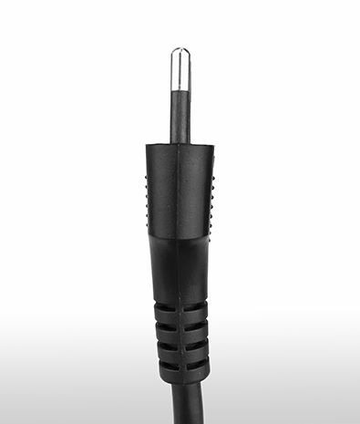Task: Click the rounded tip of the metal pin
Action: [x=179, y=51]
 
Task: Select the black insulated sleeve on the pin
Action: [x=179, y=114]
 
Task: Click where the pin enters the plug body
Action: [x=179, y=142]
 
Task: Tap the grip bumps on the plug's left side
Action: [x=148, y=196]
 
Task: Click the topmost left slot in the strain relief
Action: [x=163, y=307]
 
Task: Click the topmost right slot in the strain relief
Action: [x=196, y=307]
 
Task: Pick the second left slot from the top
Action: [x=163, y=326]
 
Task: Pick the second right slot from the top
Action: [x=196, y=326]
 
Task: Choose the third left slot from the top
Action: [x=164, y=345]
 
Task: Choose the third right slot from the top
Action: [x=196, y=345]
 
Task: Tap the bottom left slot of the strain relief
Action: [x=164, y=364]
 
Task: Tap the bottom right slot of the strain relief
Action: [x=196, y=364]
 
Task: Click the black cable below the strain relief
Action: [x=180, y=406]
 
